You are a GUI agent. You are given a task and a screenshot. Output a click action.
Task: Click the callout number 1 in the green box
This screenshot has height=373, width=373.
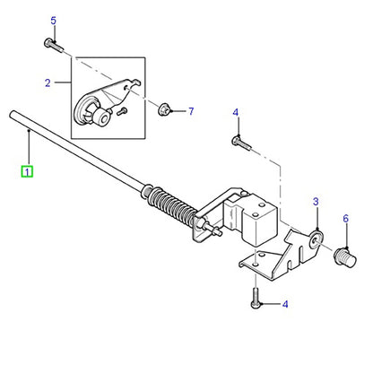point(27,172)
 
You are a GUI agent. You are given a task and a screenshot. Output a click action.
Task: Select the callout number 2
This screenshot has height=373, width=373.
point(48,82)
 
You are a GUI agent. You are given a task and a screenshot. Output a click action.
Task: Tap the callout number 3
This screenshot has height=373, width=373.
point(316,202)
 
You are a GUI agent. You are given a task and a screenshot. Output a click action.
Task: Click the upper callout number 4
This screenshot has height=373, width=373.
point(236,113)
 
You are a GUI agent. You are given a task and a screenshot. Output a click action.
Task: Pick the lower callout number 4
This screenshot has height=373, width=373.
point(285,304)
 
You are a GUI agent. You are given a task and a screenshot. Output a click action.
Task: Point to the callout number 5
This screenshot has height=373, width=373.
point(53,21)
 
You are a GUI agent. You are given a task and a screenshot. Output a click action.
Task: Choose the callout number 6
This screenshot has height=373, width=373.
point(345,219)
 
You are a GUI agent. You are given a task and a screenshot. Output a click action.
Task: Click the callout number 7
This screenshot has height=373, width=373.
point(191,111)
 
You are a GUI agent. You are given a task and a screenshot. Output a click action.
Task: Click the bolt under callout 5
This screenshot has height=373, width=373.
point(53,45)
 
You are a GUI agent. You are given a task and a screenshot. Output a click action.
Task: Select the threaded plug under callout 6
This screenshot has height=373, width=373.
point(344,257)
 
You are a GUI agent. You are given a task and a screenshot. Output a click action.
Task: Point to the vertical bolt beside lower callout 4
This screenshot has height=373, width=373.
point(255,298)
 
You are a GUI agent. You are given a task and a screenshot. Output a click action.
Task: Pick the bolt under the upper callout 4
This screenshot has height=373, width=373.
point(241,143)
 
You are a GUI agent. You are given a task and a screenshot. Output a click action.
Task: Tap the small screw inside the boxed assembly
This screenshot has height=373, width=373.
point(122,111)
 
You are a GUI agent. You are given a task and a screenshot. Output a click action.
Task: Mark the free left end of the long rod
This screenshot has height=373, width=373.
point(12,114)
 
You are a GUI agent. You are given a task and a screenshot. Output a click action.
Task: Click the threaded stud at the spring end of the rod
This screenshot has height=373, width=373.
point(213,229)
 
